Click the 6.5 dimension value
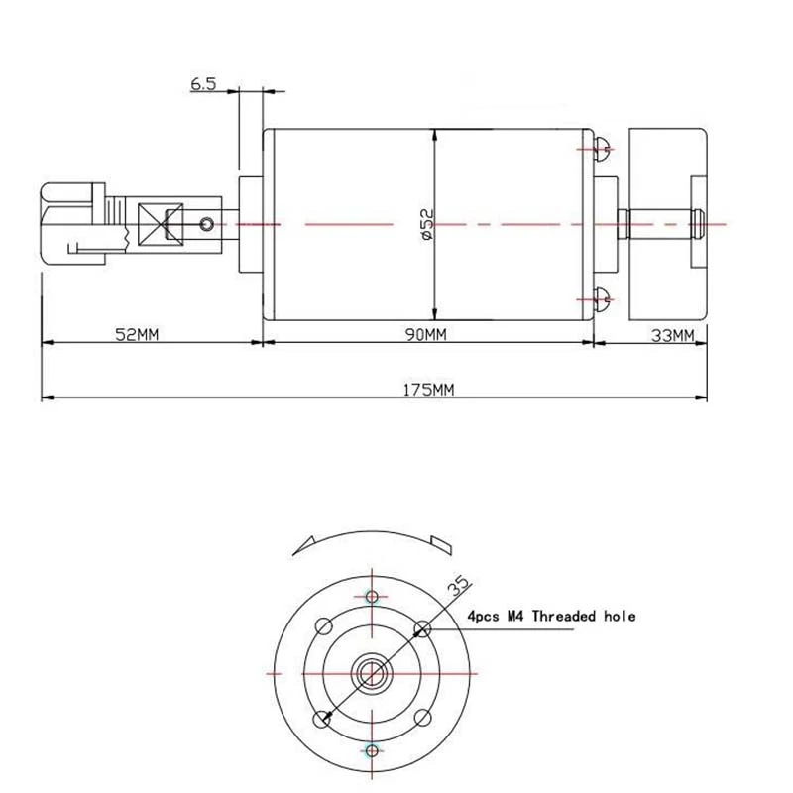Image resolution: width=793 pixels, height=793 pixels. (x=203, y=85)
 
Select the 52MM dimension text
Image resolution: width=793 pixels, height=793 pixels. (x=136, y=334)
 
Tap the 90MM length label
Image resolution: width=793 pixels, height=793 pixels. (x=427, y=334)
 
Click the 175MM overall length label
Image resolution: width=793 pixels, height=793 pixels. (x=427, y=390)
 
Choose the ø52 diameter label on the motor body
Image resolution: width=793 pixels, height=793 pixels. (x=424, y=223)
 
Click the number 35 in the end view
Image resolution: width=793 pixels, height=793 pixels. (x=458, y=585)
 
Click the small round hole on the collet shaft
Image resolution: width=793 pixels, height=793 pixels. (x=206, y=224)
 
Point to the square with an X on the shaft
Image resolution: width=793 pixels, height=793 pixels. (x=160, y=224)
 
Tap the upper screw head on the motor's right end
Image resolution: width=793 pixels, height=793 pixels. (x=601, y=150)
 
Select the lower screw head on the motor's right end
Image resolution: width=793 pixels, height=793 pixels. (x=601, y=296)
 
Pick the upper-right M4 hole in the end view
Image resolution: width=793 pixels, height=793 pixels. (x=421, y=627)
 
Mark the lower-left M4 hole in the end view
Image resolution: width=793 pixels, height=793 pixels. (x=323, y=719)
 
